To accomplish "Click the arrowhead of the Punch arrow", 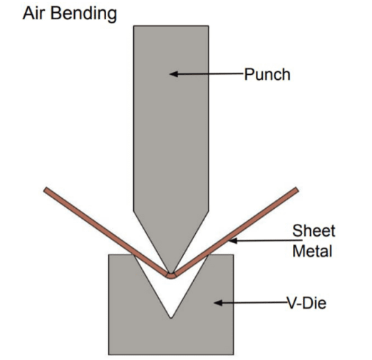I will pyautogui.click(x=172, y=73).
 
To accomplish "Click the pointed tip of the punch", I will pyautogui.click(x=170, y=269).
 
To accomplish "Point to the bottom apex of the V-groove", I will pyautogui.click(x=170, y=318).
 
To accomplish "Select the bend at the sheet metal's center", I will pyautogui.click(x=170, y=274).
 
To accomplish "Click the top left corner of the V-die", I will pyautogui.click(x=108, y=255).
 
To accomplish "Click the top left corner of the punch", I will pyautogui.click(x=133, y=26).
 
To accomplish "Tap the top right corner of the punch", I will pyautogui.click(x=209, y=26).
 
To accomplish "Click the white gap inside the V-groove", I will pyautogui.click(x=170, y=296).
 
